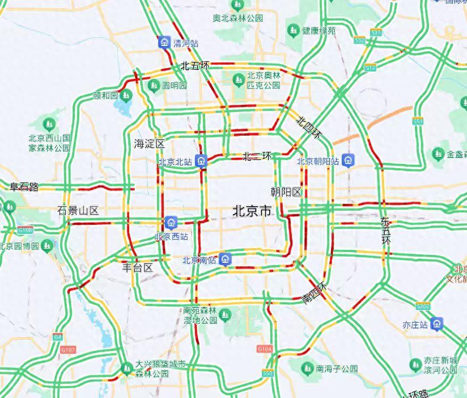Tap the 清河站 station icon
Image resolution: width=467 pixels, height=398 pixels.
point(164,42)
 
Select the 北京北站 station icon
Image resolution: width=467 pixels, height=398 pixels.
point(201,161)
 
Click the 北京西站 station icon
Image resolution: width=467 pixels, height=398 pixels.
point(172,221)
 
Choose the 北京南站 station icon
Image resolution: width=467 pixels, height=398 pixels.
point(226,260)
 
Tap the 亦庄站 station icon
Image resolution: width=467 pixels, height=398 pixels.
point(436,324)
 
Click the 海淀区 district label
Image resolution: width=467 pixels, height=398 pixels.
point(149,143)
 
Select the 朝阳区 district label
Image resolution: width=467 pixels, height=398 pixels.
point(286,191)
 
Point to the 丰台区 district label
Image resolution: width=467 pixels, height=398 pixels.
point(138,267)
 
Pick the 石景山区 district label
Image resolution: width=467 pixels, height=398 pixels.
point(78,211)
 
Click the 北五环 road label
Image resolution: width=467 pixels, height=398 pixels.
point(195,66)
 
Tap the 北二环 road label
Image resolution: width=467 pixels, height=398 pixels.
point(257,155)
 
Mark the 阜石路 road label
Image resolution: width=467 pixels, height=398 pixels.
point(24,186)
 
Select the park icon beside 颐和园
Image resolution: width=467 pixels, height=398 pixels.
point(125,95)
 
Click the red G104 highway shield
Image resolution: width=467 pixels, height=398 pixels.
point(264,348)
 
